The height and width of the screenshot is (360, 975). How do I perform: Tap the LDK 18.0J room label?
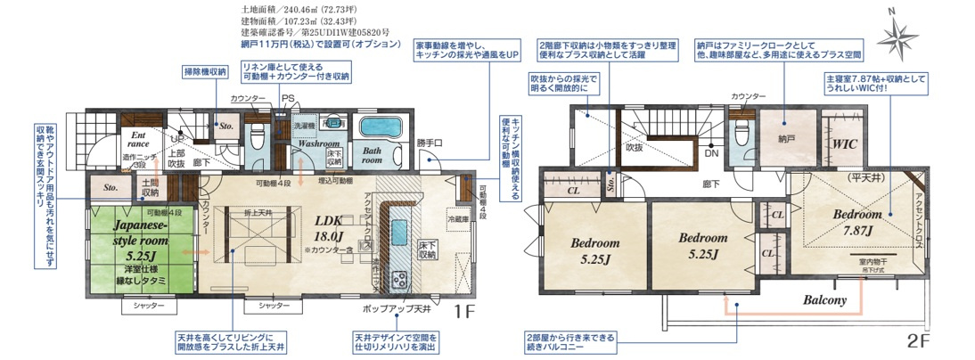pos(328,228)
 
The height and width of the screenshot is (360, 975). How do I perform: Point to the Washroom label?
pos(319,143)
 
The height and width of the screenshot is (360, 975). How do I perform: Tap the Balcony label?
pos(825,299)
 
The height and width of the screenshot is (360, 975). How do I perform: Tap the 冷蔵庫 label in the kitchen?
pos(458,219)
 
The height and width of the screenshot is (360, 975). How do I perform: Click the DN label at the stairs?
pos(711,152)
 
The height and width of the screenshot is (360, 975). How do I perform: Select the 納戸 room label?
pos(784,140)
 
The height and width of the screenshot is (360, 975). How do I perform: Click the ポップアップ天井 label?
pos(397,308)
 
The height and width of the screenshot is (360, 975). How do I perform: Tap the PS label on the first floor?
pos(287,98)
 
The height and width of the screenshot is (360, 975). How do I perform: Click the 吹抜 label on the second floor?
pos(634,148)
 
